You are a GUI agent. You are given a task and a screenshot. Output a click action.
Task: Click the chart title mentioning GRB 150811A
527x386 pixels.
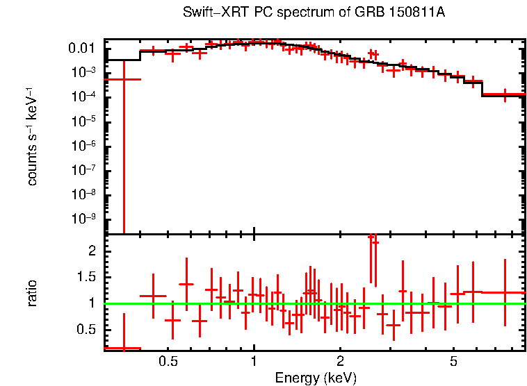[x=314, y=13]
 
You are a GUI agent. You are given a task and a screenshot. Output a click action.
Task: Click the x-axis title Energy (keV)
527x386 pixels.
[x=315, y=378]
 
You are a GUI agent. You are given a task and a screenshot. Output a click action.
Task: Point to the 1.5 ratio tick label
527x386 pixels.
[x=87, y=277]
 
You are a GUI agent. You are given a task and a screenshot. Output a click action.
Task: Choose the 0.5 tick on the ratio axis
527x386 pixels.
[x=87, y=329]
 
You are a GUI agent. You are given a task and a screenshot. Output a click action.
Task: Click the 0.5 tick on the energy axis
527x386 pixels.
[x=168, y=362]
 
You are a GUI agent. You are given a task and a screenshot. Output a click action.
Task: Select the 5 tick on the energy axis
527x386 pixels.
[x=453, y=362]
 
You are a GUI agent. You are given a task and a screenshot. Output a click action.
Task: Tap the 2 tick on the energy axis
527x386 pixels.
[x=340, y=362]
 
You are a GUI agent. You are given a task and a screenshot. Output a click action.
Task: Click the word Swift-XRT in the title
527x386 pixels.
[x=209, y=13]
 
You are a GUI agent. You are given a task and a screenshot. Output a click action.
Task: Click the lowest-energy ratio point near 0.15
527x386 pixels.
[x=123, y=348]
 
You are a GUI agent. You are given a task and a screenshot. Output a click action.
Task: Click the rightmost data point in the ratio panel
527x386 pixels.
[x=505, y=292]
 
